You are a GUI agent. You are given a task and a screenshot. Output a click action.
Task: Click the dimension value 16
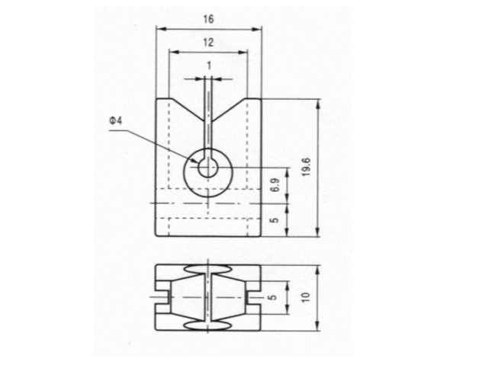pyautogui.click(x=208, y=19)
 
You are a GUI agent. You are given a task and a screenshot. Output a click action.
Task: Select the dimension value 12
pyautogui.click(x=208, y=42)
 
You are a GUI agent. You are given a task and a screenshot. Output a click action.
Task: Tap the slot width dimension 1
pyautogui.click(x=209, y=66)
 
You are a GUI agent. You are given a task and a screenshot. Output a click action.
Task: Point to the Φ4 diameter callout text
pyautogui.click(x=116, y=120)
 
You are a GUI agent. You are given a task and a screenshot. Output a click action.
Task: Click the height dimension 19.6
pyautogui.click(x=307, y=167)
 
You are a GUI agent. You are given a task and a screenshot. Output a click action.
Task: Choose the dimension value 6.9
pyautogui.click(x=275, y=184)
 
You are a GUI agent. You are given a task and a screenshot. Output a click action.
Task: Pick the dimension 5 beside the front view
pyautogui.click(x=275, y=220)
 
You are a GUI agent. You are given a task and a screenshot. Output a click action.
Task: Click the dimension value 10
pyautogui.click(x=306, y=297)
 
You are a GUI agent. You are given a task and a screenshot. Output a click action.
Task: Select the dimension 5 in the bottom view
pyautogui.click(x=272, y=298)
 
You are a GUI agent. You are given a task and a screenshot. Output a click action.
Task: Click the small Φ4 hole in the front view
pyautogui.click(x=208, y=168)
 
